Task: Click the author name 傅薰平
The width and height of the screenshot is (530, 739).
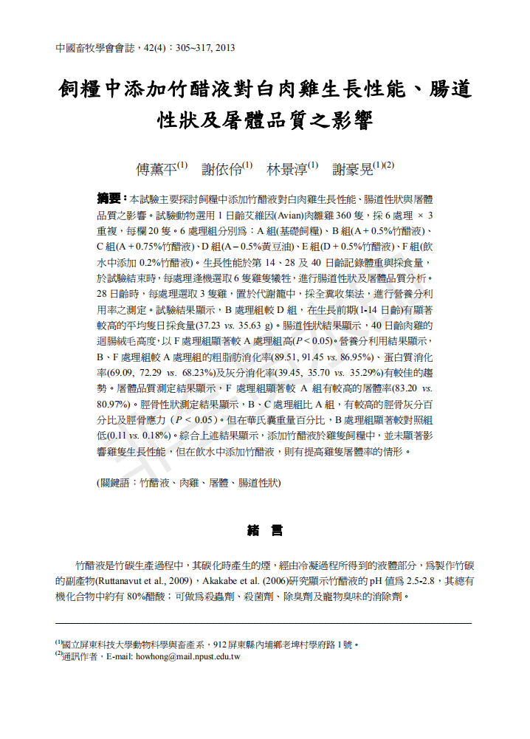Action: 156,169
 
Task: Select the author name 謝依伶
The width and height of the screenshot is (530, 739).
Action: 221,169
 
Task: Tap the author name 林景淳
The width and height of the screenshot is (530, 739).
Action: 287,169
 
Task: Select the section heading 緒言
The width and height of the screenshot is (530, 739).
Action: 264,530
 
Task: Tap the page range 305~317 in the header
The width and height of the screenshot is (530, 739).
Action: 193,48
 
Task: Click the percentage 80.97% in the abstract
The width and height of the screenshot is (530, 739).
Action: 114,404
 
